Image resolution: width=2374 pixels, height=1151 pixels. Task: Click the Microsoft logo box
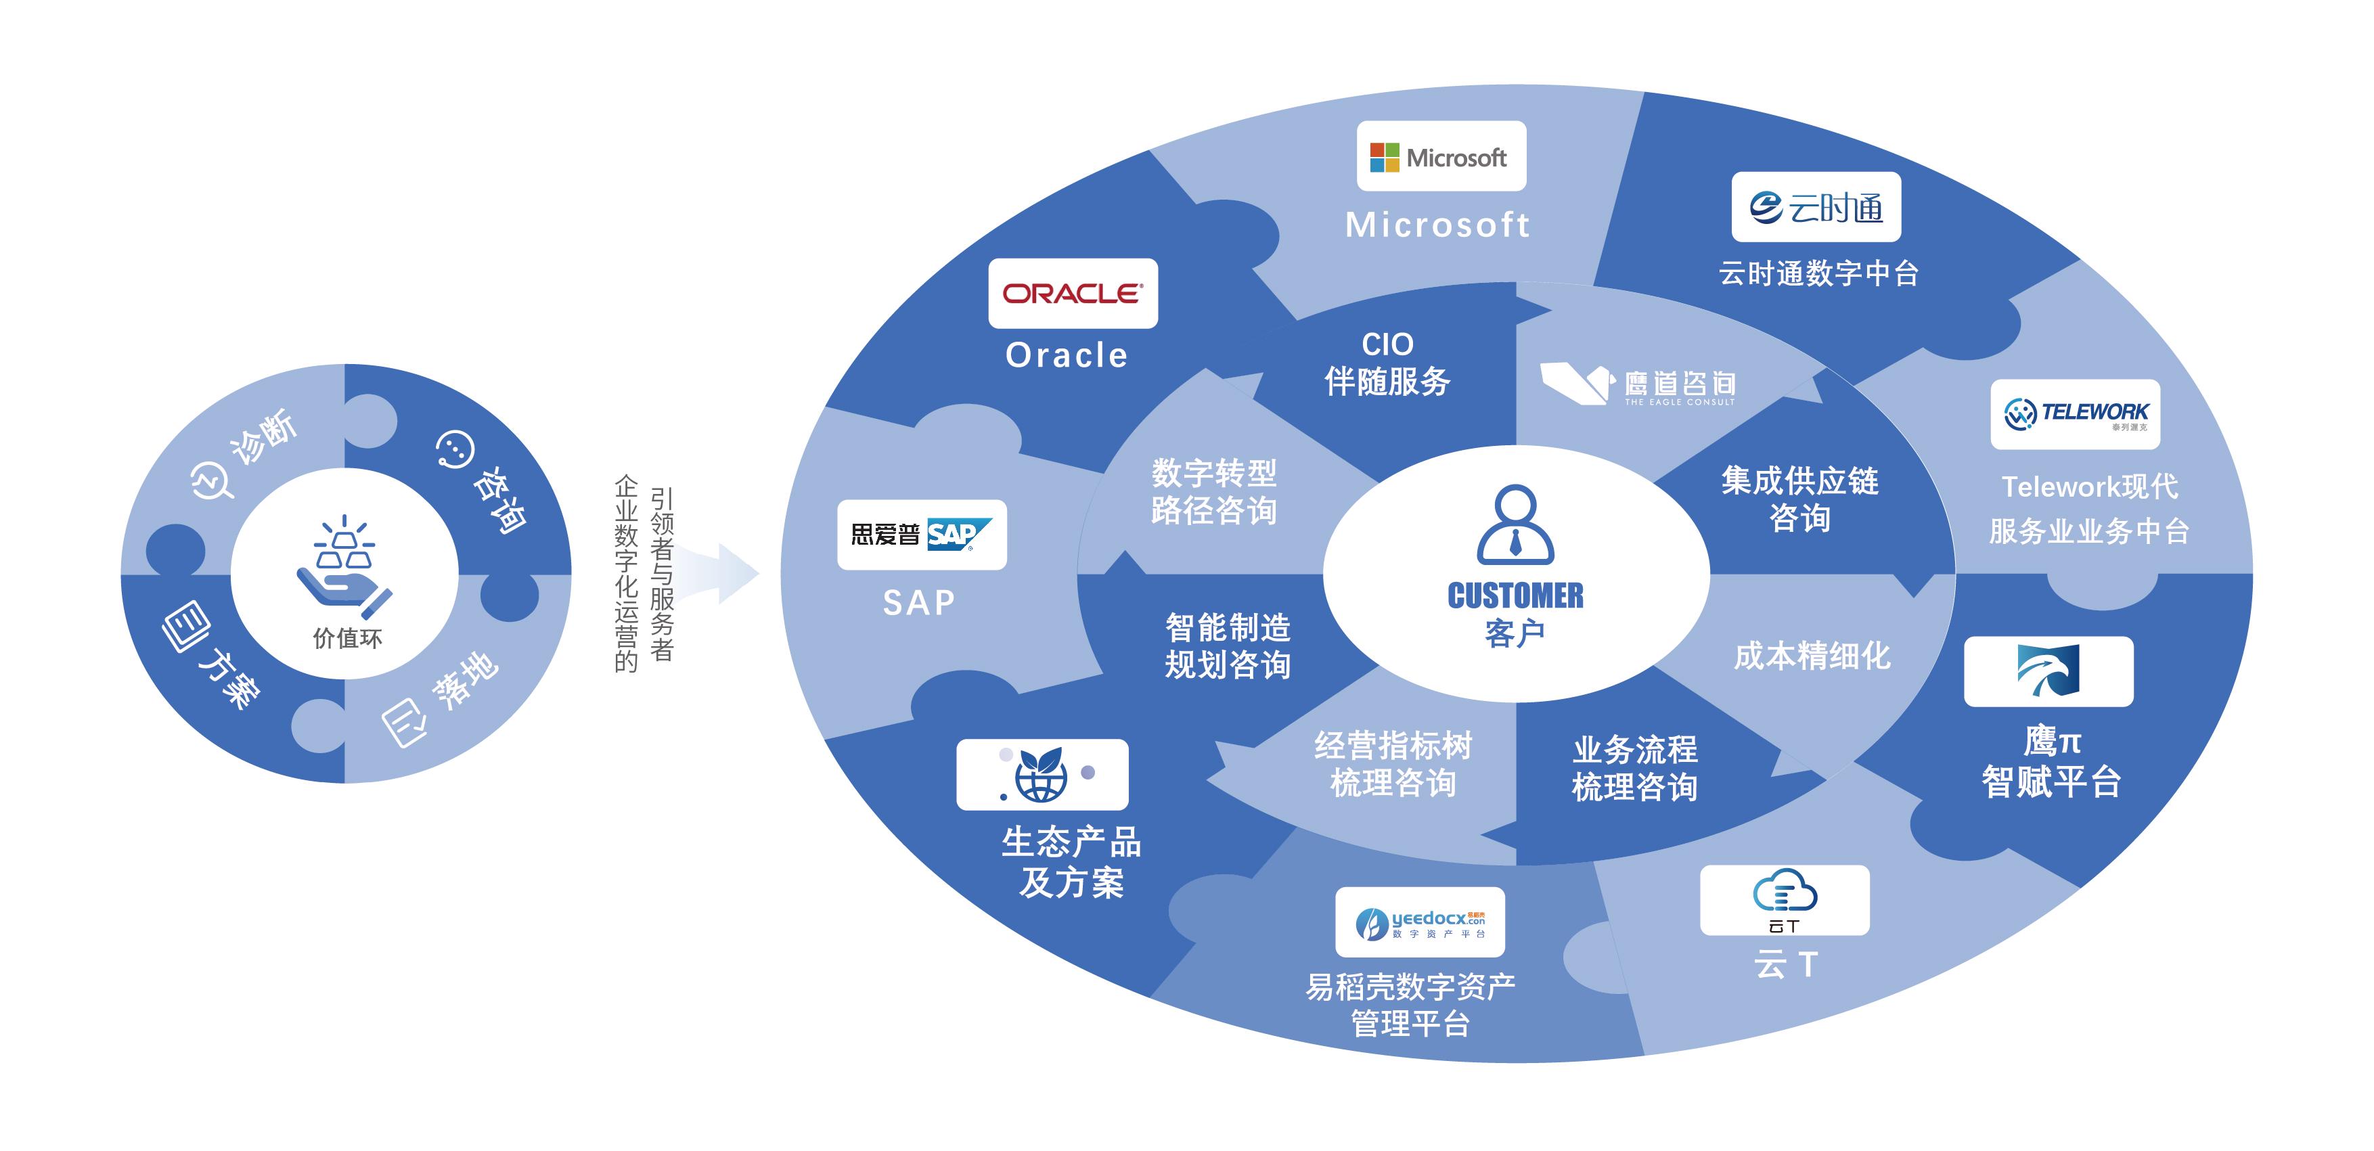tap(1440, 157)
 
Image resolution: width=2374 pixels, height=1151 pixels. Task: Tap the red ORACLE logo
tap(1073, 293)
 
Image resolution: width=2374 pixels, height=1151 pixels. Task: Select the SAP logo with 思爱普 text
tap(922, 535)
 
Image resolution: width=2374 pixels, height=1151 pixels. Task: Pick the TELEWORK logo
tap(2074, 413)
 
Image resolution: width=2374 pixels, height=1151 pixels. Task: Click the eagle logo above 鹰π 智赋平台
tap(2048, 671)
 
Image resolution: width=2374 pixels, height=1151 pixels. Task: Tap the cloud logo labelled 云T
tap(1784, 899)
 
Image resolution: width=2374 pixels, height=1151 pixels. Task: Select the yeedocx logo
tap(1419, 922)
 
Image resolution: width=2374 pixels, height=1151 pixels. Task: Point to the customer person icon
tap(1515, 524)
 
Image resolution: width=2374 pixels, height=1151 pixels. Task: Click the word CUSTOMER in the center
tap(1515, 596)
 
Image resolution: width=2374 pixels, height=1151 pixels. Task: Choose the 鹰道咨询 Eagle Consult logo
tap(1638, 384)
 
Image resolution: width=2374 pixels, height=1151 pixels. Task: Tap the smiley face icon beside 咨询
tap(454, 449)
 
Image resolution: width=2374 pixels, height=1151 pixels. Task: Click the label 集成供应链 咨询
tap(1799, 499)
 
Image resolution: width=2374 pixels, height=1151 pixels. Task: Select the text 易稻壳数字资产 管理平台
tap(1410, 1004)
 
